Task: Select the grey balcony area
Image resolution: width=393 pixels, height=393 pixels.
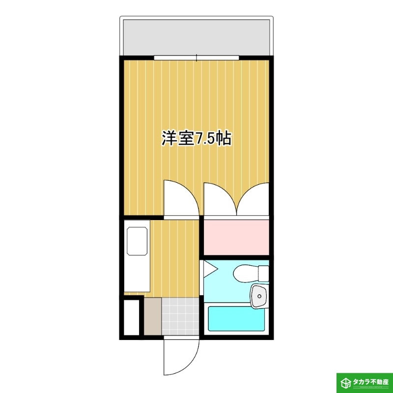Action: [196, 37]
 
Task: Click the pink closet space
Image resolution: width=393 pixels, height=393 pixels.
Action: [236, 237]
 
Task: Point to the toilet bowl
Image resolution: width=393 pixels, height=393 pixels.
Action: [244, 273]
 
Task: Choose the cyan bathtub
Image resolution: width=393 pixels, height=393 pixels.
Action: [236, 318]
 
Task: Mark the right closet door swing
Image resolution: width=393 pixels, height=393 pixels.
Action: [253, 199]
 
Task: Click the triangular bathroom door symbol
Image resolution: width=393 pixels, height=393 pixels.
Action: [209, 269]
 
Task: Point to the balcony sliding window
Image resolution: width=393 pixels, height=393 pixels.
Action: [196, 57]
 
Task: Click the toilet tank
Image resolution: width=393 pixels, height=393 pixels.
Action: [264, 273]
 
